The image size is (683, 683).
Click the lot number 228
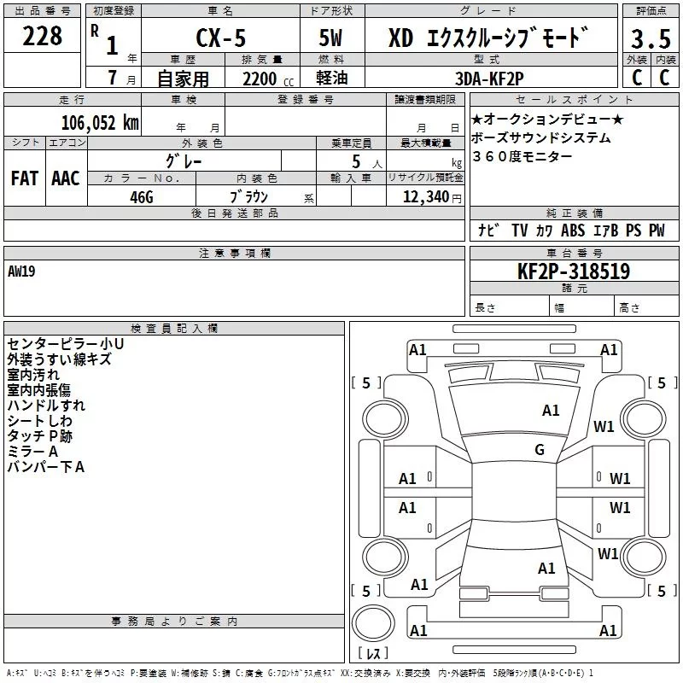(x=43, y=36)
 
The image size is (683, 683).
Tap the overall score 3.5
(x=651, y=39)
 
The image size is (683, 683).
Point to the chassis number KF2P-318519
(x=573, y=271)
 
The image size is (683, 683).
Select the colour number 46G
(x=141, y=196)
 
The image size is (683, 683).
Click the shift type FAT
(x=25, y=178)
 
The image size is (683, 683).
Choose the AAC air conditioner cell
(x=66, y=178)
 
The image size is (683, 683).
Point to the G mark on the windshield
(x=539, y=449)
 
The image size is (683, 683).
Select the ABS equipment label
(x=573, y=231)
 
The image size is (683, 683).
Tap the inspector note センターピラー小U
(x=65, y=343)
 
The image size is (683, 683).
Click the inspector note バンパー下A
(x=46, y=466)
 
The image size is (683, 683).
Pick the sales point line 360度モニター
(x=522, y=156)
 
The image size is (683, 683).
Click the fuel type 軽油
(x=331, y=78)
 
